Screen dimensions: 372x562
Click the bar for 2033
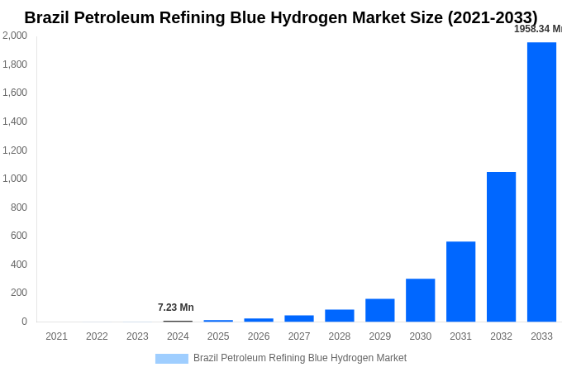tap(541, 182)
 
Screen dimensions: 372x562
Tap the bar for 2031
tap(460, 281)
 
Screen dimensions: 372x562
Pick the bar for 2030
tap(420, 300)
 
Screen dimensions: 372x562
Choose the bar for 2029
tap(379, 310)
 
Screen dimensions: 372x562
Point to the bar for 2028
tap(339, 316)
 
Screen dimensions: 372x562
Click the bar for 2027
tap(298, 318)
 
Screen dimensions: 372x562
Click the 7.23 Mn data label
tap(176, 308)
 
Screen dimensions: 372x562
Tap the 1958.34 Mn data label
tap(537, 29)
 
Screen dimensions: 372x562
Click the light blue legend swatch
tap(172, 359)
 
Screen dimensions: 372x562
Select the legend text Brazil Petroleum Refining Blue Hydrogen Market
tap(300, 358)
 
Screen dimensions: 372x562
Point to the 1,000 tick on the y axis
tap(15, 179)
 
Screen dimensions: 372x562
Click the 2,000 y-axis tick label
tap(15, 36)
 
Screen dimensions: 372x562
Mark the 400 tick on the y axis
tap(18, 265)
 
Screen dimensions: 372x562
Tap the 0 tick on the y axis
tap(24, 322)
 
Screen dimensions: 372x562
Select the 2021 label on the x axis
tap(56, 336)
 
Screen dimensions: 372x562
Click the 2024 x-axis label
tap(178, 336)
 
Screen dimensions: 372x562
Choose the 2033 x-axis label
tap(541, 336)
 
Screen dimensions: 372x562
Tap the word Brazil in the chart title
tap(51, 17)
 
